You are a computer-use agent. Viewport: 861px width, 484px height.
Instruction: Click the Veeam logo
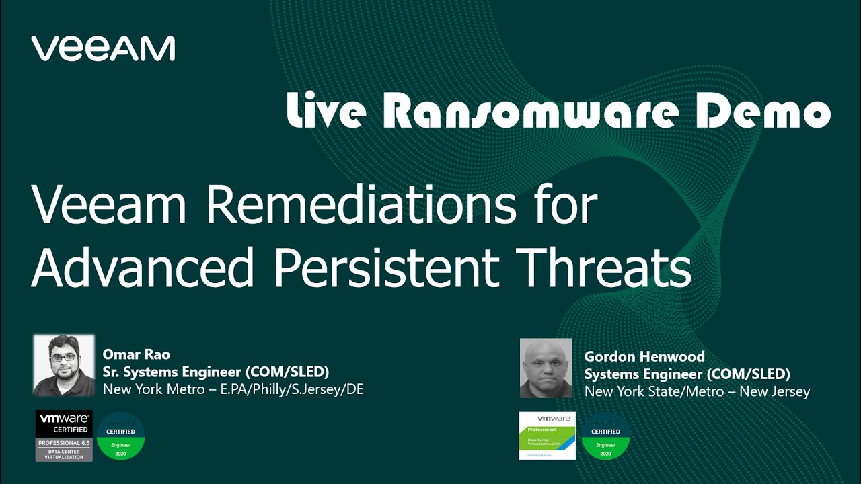tap(103, 49)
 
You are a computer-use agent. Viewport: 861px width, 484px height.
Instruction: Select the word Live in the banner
tap(327, 111)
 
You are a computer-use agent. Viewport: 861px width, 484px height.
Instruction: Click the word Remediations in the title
tap(361, 205)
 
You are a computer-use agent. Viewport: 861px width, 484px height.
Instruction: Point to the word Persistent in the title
tap(385, 268)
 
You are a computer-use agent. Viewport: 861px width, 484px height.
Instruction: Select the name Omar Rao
tap(136, 354)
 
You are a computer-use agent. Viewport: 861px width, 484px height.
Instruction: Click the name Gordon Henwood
tap(644, 357)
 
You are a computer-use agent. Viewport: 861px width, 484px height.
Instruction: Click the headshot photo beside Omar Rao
tap(64, 365)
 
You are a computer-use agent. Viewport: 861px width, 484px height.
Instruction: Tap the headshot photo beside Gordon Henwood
tap(546, 368)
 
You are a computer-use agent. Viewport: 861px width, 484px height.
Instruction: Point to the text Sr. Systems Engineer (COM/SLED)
tap(215, 372)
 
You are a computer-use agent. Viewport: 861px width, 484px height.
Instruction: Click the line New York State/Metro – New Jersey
tap(697, 391)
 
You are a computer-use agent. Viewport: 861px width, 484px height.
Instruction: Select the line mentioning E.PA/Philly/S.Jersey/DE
tap(233, 389)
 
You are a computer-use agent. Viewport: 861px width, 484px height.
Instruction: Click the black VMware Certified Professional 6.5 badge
tap(64, 436)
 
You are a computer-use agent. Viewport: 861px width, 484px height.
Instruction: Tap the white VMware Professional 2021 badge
tap(547, 436)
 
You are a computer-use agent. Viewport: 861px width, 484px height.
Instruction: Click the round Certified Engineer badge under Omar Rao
tap(120, 436)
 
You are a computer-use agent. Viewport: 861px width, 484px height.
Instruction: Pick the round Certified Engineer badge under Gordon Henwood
tap(605, 436)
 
